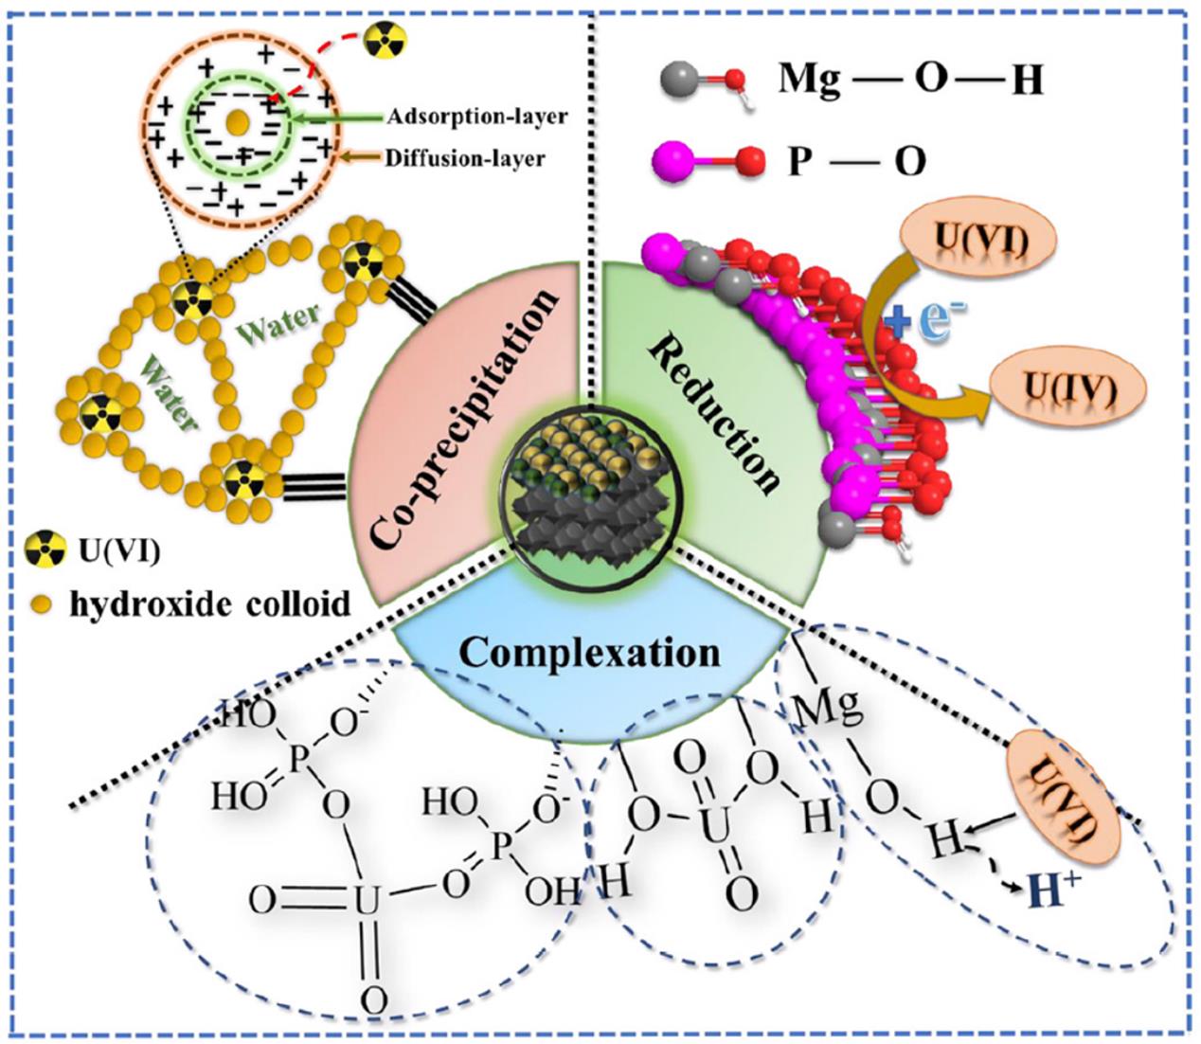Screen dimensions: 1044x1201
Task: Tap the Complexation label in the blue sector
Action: coord(589,653)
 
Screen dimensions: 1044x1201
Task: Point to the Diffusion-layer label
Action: coord(464,157)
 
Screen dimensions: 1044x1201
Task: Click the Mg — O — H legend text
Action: coord(910,81)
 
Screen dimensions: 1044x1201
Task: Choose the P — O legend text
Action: coord(856,162)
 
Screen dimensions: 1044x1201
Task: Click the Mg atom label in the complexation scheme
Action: coord(827,707)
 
